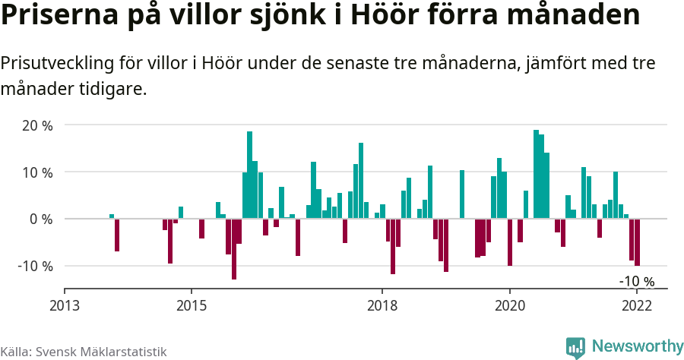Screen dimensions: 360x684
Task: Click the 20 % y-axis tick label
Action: pos(36,125)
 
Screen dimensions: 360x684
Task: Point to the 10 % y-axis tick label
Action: pos(36,172)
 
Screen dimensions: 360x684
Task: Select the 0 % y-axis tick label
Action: pos(40,219)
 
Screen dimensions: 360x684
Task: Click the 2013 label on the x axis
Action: pos(65,305)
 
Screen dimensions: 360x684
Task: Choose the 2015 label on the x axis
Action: pos(192,305)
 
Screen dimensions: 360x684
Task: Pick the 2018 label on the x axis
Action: pos(382,305)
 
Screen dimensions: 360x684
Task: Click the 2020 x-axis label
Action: pos(509,305)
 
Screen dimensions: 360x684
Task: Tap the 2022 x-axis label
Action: pos(637,305)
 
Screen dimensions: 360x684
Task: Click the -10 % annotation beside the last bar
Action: pos(636,282)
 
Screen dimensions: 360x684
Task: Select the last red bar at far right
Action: pos(638,242)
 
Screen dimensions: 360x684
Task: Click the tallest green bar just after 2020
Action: pos(536,175)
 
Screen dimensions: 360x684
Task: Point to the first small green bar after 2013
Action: pos(112,216)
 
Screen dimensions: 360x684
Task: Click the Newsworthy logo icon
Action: pos(575,347)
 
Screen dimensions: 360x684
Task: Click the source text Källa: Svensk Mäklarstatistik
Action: pos(84,352)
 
